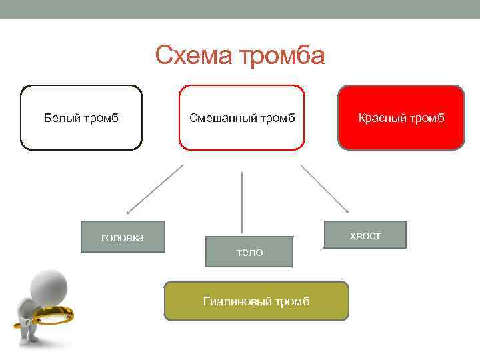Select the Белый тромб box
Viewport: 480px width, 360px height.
pos(81,117)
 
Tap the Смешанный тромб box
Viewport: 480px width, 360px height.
pos(241,117)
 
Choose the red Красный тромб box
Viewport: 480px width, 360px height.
pos(401,117)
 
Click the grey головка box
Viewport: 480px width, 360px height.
pos(123,237)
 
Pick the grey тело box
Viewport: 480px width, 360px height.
pos(249,252)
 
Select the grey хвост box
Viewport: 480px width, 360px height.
pos(365,235)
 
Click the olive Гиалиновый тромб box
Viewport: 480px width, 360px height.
pos(256,301)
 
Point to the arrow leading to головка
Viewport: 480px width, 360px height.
pos(155,189)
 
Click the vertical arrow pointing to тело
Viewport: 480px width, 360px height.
pos(241,200)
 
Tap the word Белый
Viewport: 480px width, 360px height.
pos(61,119)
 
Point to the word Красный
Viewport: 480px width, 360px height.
pos(383,119)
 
